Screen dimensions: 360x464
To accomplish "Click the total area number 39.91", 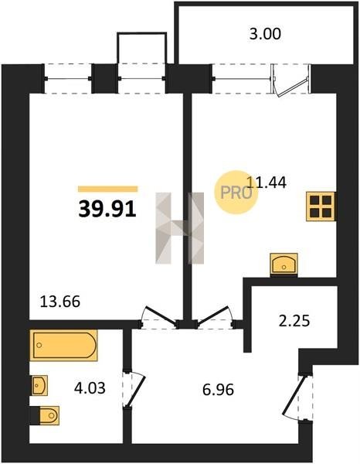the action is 107,209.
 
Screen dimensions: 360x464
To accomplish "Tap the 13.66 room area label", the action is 60,302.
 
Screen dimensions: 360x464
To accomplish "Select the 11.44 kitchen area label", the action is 266,183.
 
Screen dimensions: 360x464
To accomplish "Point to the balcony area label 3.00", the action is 265,34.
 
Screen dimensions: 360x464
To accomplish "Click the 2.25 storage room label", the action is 294,321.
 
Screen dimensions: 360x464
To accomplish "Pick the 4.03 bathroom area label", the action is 90,388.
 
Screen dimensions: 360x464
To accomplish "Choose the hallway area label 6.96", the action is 218,390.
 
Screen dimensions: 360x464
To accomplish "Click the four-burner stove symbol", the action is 321,206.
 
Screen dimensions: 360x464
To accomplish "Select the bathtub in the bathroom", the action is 63,345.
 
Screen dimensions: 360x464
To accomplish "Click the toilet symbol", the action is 46,415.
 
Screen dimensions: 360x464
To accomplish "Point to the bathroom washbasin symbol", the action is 39,385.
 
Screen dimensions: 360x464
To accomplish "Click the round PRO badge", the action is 236,193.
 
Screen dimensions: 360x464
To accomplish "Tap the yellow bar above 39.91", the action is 108,189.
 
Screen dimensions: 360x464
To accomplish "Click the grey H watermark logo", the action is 180,228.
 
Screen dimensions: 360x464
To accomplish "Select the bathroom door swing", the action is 134,388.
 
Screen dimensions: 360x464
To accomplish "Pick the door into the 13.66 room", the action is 159,317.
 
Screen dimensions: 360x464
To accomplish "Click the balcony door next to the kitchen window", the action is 291,80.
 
